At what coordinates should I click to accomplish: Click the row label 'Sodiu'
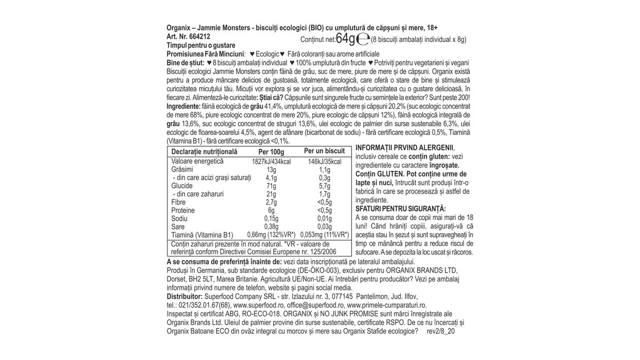click(x=179, y=219)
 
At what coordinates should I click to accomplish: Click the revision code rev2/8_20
click(x=441, y=331)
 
